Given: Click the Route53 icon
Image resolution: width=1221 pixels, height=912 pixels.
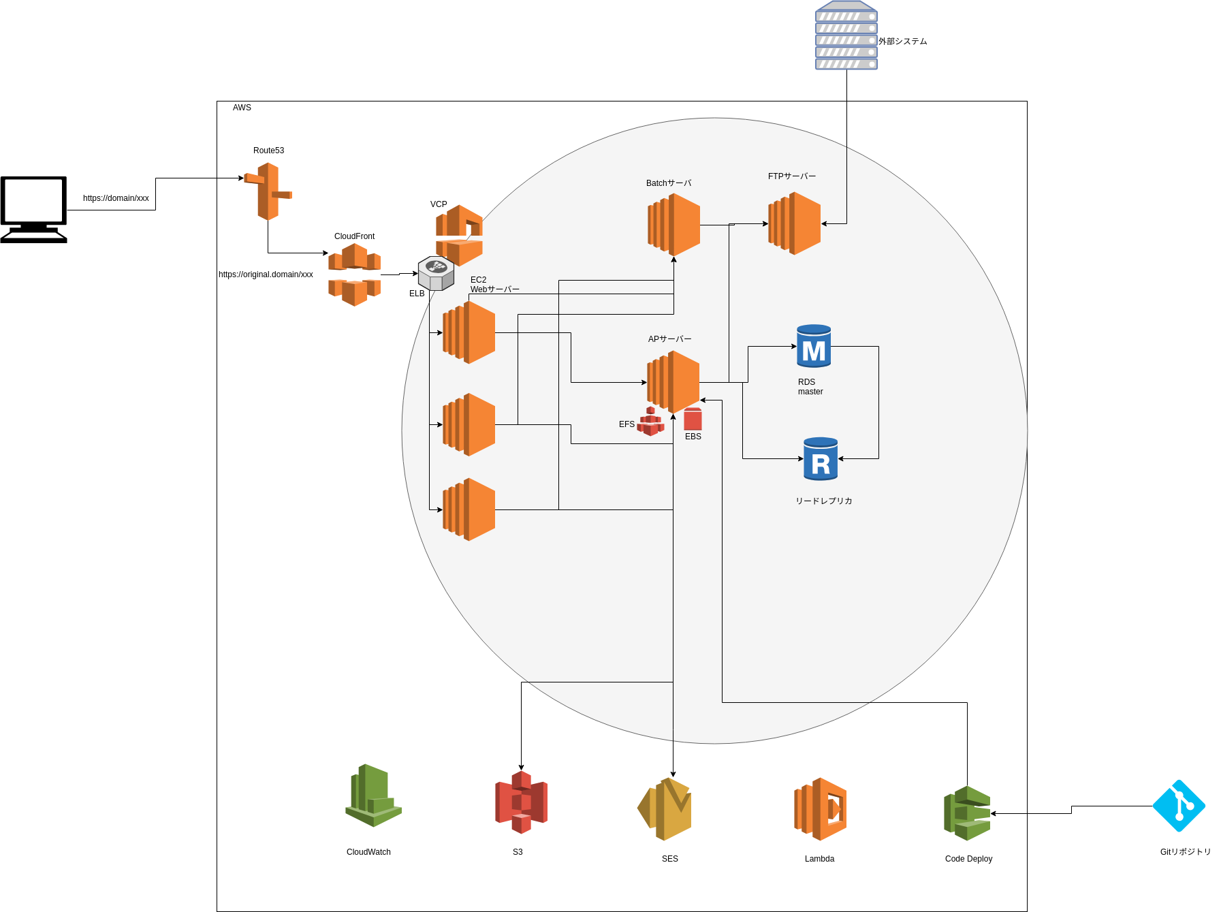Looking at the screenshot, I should (x=268, y=191).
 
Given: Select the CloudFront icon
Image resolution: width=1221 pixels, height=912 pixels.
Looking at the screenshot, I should (x=354, y=274).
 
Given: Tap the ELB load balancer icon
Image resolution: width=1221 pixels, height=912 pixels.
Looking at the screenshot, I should (x=436, y=273).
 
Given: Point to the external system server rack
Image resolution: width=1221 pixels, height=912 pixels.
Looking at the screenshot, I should (x=846, y=35).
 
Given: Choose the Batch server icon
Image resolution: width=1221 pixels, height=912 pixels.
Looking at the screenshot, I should (x=673, y=224).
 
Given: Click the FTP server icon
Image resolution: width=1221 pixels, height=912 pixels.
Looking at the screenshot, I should (x=794, y=223).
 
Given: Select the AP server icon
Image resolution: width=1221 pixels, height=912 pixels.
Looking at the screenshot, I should (x=673, y=381).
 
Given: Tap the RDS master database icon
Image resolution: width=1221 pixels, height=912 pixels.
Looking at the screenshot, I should (x=814, y=346).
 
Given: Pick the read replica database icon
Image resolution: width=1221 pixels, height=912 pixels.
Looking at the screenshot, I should (x=821, y=459).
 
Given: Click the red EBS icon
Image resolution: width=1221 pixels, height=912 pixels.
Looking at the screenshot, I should (x=693, y=419).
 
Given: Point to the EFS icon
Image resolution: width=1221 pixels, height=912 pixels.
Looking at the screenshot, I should (x=650, y=422).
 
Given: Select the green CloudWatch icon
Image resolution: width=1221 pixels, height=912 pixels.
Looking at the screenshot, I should (x=373, y=795).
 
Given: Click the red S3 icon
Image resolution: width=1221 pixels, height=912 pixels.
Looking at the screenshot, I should (x=521, y=802).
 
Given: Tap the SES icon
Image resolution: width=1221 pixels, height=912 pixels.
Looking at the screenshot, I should (x=665, y=808).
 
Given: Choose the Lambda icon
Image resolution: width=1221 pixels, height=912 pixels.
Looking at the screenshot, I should (x=820, y=808).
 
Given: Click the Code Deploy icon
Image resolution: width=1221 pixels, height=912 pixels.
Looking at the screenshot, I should (x=967, y=813).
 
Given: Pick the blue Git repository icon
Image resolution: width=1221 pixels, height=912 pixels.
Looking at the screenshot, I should (x=1179, y=806).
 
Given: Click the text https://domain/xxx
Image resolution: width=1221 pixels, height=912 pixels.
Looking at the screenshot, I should (x=116, y=198).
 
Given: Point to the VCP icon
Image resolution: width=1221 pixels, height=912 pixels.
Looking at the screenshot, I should (x=459, y=235).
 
